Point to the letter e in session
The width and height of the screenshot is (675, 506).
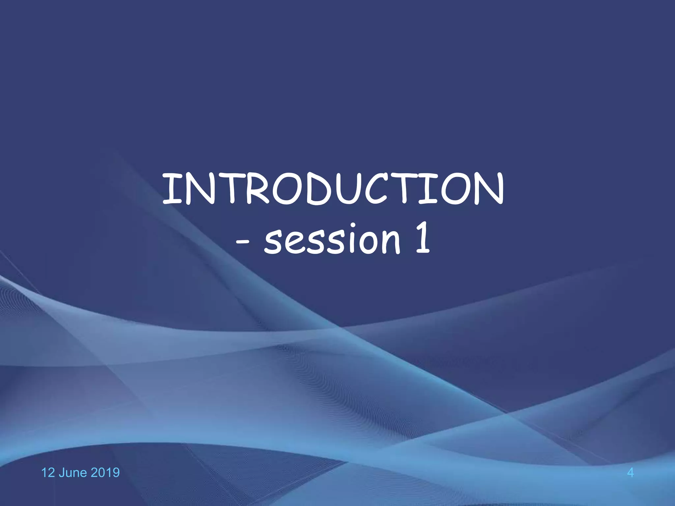(293, 242)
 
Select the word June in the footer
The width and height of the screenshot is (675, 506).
(73, 473)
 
